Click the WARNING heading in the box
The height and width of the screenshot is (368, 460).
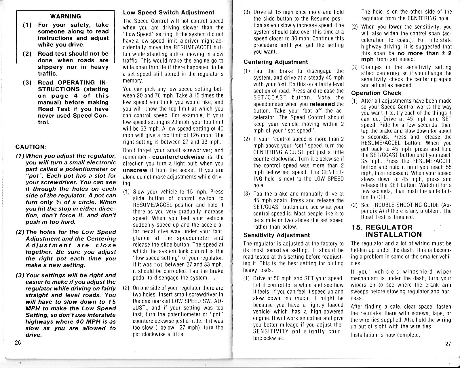point(65,16)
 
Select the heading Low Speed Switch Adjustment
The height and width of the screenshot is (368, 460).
point(168,12)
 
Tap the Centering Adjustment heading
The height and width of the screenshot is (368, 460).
point(275,62)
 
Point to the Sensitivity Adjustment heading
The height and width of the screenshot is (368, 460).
point(276,235)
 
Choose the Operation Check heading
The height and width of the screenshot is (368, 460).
point(376,93)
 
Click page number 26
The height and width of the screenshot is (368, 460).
point(18,343)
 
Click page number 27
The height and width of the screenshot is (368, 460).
point(448,344)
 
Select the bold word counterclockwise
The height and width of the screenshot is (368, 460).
point(178,157)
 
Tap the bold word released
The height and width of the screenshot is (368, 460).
point(322,104)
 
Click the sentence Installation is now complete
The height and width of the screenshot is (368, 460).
point(385,335)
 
